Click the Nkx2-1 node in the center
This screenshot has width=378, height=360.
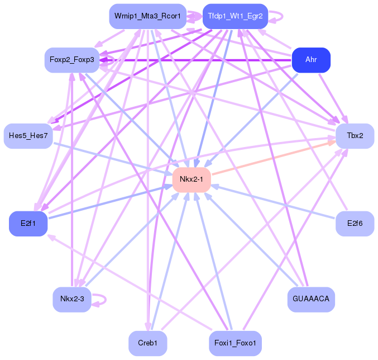pos(192,179)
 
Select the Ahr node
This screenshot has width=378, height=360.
pos(311,60)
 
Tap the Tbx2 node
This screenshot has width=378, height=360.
pos(355,136)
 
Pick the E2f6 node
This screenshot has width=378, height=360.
pos(355,224)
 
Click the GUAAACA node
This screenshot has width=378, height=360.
pos(311,299)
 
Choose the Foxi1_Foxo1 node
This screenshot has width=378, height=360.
pos(235,343)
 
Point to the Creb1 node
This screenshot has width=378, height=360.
pos(148,343)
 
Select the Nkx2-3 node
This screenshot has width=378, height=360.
pos(72,299)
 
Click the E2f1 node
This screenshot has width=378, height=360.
pos(28,224)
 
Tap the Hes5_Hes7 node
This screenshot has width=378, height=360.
pos(28,136)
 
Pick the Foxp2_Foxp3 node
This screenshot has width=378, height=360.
pos(72,60)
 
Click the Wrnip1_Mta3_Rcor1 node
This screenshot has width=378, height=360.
pos(148,16)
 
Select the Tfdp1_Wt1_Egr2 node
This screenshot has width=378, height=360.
pos(235,16)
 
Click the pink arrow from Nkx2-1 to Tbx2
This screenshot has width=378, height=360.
pos(274,158)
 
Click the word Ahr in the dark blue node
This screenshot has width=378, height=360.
pos(311,60)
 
